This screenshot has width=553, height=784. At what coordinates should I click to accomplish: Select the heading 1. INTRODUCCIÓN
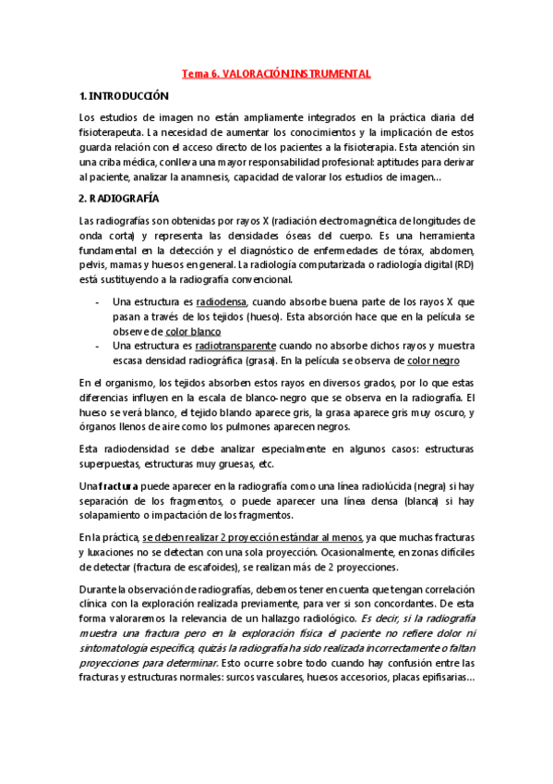coord(125,95)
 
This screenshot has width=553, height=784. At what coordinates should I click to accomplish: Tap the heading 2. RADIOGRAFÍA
coord(120,198)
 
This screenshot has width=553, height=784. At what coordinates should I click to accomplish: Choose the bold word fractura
coord(118,485)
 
